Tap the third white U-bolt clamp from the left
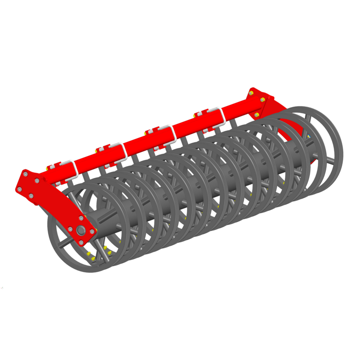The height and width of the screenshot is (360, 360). tap(167, 134)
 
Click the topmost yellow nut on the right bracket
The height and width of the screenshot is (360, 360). tap(251, 94)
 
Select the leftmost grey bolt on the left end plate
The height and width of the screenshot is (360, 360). tap(20, 189)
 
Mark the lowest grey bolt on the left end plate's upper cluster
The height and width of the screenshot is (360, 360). tap(31, 196)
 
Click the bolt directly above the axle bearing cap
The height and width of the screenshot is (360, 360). tap(81, 218)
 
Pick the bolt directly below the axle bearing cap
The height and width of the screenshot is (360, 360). tap(82, 243)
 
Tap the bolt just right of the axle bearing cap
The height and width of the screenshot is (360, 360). tap(93, 232)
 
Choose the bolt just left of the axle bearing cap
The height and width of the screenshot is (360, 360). tap(70, 229)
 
